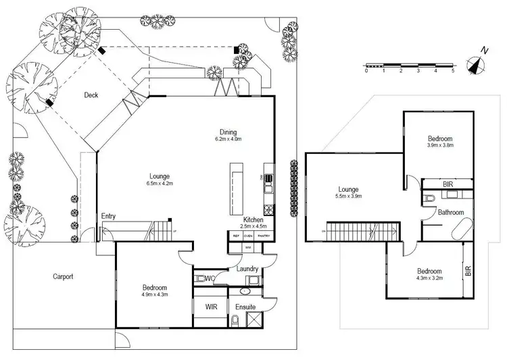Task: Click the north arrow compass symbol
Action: point(479,62)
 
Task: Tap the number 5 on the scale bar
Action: point(453,70)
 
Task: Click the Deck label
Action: point(91,95)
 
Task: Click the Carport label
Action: point(64,276)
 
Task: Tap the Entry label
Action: point(108,216)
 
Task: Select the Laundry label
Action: point(247,269)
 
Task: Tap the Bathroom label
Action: point(450,212)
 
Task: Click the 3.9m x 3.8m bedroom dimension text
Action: point(439,145)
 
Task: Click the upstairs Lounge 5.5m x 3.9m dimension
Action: point(350,197)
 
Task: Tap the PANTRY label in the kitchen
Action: point(264,236)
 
